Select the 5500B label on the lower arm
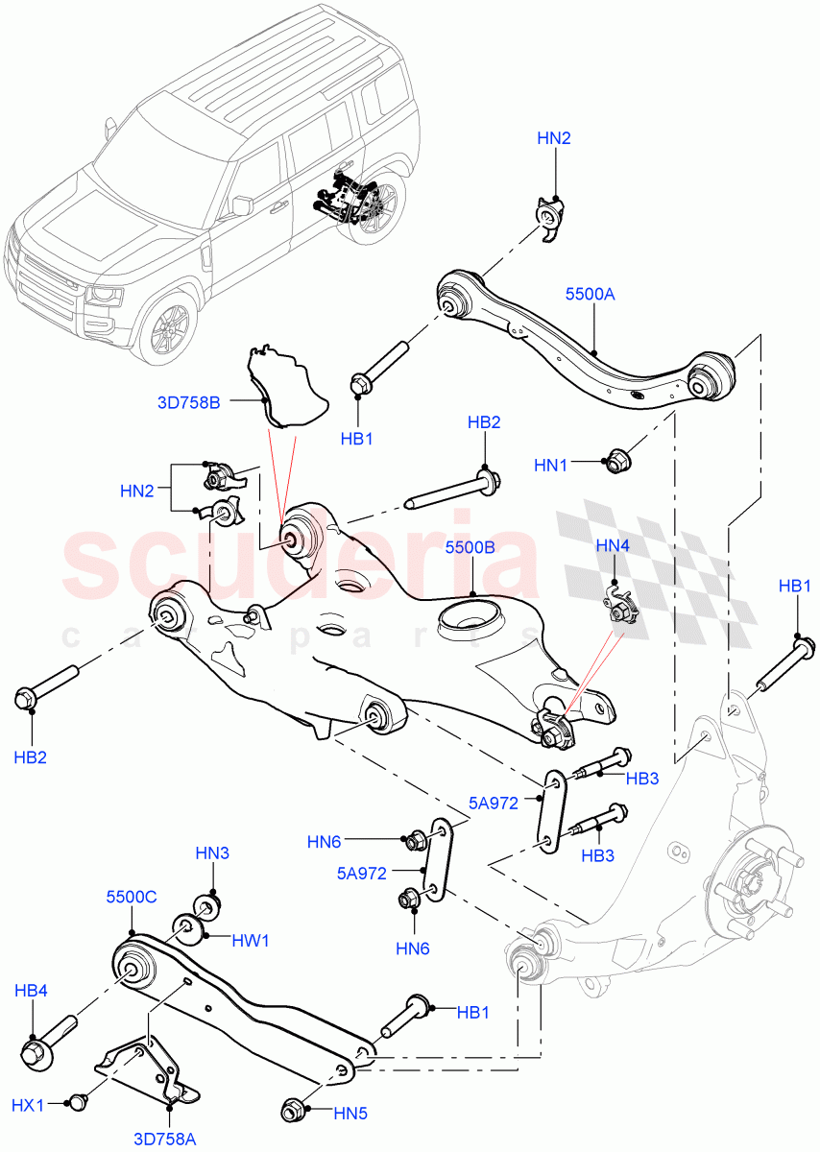click(470, 548)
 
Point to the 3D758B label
click(189, 403)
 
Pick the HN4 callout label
click(613, 546)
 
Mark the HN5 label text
click(351, 1114)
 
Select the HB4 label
click(31, 990)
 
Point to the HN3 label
click(213, 852)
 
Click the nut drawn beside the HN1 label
click(614, 462)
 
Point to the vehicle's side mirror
click(242, 205)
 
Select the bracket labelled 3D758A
click(149, 1070)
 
